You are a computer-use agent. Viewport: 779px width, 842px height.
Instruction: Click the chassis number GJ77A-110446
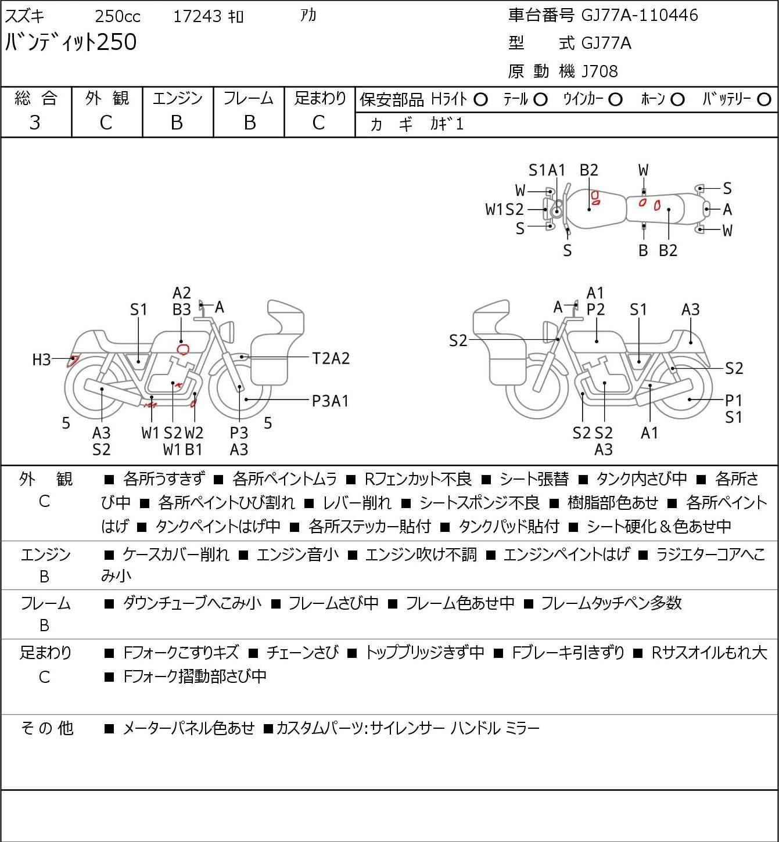pos(640,15)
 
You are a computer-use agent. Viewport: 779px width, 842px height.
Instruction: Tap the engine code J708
pos(599,71)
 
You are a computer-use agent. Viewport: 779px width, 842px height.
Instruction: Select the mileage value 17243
pos(198,16)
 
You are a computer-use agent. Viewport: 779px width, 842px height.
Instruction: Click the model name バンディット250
pos(71,42)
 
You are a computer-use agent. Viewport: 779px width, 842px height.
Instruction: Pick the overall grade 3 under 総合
pos(35,123)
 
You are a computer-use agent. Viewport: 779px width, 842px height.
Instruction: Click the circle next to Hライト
pos(480,100)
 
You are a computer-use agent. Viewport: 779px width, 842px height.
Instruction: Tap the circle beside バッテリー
pos(764,100)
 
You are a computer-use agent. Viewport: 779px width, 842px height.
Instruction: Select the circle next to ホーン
pos(677,100)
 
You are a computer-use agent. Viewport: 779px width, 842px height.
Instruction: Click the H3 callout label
pos(42,359)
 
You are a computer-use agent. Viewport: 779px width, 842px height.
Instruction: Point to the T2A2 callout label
pos(331,359)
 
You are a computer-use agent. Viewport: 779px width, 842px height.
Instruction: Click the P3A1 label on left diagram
pos(331,401)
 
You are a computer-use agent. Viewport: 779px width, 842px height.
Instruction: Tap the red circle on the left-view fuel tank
pos(184,350)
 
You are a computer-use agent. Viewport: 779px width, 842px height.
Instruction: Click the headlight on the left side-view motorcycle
pos(227,332)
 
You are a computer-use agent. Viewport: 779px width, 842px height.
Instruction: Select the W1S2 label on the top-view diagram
pos(504,209)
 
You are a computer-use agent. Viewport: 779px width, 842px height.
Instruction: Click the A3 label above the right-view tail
pos(690,310)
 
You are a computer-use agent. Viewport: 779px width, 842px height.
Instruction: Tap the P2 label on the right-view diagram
pos(595,310)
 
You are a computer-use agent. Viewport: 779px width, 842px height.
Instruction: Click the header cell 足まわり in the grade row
pos(320,98)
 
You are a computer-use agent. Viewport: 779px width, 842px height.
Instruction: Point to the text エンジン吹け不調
pos(421,555)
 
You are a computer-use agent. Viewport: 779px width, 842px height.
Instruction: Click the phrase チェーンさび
pos(303,653)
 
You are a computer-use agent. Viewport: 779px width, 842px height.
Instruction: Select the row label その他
pos(47,728)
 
